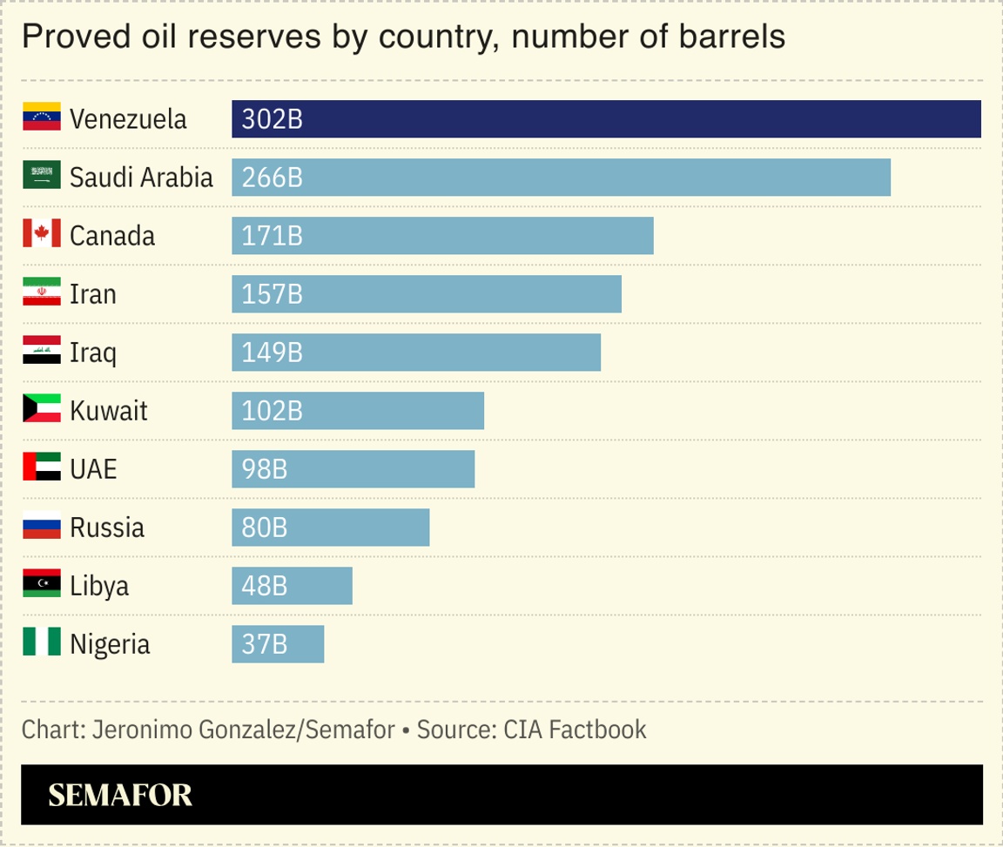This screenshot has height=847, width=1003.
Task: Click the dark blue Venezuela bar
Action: coord(606,119)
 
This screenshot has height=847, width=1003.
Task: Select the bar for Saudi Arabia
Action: coord(561,178)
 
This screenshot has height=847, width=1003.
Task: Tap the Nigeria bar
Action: coord(278,644)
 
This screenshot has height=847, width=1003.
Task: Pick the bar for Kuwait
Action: coord(357,411)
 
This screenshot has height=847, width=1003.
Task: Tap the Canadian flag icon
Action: coord(41,234)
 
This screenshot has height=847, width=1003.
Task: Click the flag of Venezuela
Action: coord(41,118)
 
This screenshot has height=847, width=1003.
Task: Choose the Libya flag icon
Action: coord(41,584)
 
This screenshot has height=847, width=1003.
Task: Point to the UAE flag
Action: coord(41,467)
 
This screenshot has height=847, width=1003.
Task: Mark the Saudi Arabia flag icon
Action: coord(41,176)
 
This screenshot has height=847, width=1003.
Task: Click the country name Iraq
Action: coord(92,353)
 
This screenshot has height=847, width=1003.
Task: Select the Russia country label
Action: coord(107,528)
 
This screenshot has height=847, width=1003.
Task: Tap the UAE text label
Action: coord(93,469)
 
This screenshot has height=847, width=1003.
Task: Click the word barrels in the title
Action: coord(735,37)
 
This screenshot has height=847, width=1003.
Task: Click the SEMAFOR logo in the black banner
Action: coord(120,795)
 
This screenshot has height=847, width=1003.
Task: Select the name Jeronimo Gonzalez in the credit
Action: coord(193,729)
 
